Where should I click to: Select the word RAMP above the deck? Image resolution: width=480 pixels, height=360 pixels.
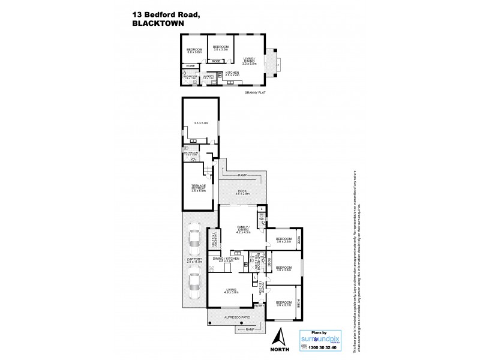click(242, 175)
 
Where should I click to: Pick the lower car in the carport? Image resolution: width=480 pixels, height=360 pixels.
click(194, 284)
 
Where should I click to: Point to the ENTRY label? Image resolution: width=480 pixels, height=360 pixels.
click(259, 306)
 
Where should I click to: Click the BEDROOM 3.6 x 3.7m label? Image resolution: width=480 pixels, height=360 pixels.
click(283, 304)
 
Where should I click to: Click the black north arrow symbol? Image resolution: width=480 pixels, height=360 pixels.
click(277, 338)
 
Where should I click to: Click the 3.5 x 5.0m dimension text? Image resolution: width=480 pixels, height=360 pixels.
click(201, 123)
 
